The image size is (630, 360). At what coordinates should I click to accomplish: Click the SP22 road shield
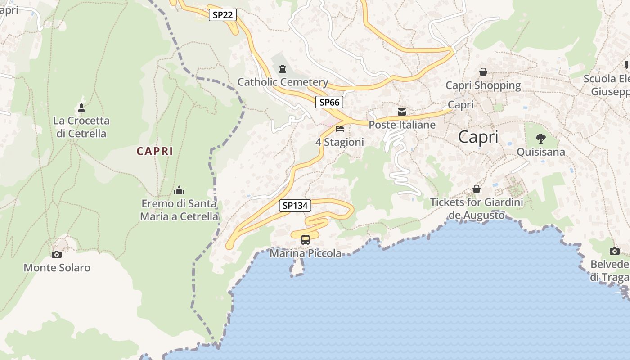click(x=223, y=15)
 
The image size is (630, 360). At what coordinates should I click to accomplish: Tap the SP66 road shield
click(x=329, y=102)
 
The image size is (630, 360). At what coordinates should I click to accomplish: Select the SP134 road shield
click(x=295, y=206)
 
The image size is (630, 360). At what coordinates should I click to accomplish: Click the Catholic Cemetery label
click(x=283, y=82)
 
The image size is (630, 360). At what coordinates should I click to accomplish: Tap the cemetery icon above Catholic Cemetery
click(x=282, y=69)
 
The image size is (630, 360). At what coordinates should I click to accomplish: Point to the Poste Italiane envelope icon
click(x=401, y=112)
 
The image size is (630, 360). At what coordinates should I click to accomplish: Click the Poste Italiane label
click(x=402, y=125)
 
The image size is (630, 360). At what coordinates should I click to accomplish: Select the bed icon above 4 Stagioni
click(x=340, y=129)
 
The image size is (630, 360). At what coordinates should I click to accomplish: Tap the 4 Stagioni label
click(x=339, y=142)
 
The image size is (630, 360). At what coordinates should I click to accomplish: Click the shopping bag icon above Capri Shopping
click(x=483, y=72)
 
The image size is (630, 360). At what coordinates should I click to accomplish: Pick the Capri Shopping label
click(x=483, y=85)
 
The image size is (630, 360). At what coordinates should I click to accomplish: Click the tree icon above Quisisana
click(x=540, y=138)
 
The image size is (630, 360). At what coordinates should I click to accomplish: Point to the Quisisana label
click(x=540, y=152)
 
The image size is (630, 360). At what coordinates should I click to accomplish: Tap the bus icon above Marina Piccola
click(x=306, y=239)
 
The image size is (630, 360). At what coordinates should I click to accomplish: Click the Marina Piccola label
click(x=306, y=253)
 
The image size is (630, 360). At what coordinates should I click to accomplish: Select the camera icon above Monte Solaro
click(x=56, y=254)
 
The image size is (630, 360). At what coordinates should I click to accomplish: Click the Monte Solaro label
click(x=57, y=268)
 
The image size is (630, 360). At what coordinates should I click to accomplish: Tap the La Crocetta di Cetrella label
click(x=81, y=127)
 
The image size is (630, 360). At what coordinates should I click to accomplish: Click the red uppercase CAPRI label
click(x=155, y=151)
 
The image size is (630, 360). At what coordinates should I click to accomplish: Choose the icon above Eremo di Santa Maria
click(x=179, y=190)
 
